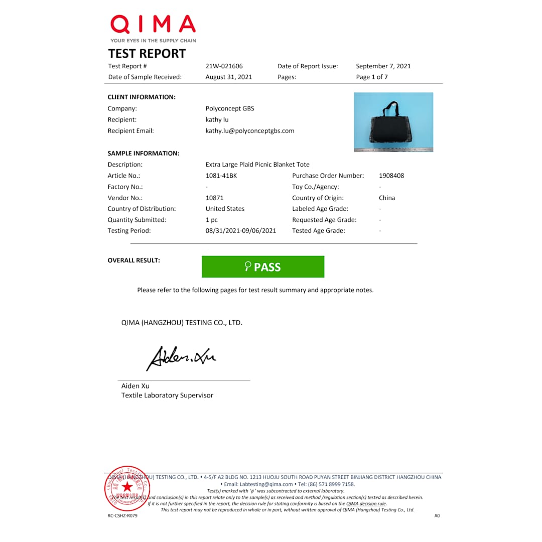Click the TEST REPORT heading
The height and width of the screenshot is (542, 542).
tap(147, 54)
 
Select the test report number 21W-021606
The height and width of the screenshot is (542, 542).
tap(224, 66)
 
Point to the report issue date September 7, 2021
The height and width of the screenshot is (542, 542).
tap(383, 66)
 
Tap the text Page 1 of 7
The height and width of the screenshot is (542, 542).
tap(372, 77)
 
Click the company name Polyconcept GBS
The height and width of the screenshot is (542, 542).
tap(230, 108)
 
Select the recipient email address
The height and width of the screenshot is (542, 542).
tap(250, 131)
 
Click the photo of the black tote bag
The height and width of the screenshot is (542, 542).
tap(393, 122)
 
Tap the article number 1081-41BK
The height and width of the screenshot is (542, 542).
tap(221, 176)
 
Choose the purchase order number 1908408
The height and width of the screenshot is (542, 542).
tap(391, 176)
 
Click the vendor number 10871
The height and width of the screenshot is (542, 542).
tap(214, 198)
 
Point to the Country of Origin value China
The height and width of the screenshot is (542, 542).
tap(387, 198)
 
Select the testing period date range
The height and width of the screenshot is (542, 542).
tap(241, 231)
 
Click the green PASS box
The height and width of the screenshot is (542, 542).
tap(263, 266)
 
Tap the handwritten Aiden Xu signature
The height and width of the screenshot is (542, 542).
tap(181, 357)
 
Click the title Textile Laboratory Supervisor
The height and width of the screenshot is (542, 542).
tap(167, 395)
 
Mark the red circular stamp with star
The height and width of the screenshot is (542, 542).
tap(127, 487)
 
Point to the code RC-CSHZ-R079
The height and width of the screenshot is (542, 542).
tap(122, 515)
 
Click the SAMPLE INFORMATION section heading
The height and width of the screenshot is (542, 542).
tap(144, 154)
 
